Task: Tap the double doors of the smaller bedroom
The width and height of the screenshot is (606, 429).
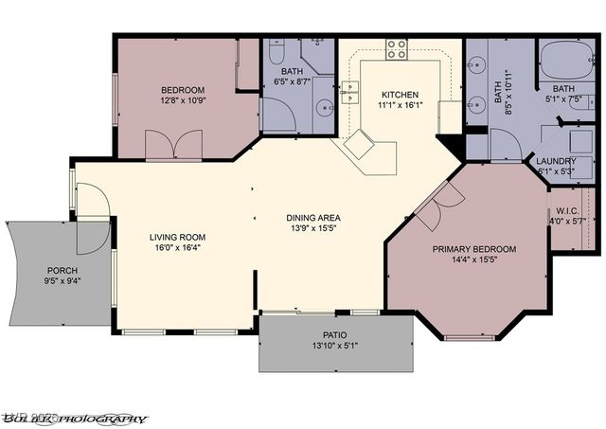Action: coord(173,147)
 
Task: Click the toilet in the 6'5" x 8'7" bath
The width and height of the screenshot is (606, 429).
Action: coord(276,54)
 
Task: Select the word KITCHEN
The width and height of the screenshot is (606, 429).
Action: coord(401,95)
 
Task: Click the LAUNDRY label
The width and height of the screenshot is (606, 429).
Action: coord(556,161)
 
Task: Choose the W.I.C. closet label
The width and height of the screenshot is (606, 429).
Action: coord(567,211)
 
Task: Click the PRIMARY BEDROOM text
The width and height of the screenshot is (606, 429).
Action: coord(474,249)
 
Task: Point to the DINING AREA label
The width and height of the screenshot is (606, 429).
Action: coord(313,218)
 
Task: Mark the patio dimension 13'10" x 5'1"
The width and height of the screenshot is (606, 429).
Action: coord(334,346)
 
